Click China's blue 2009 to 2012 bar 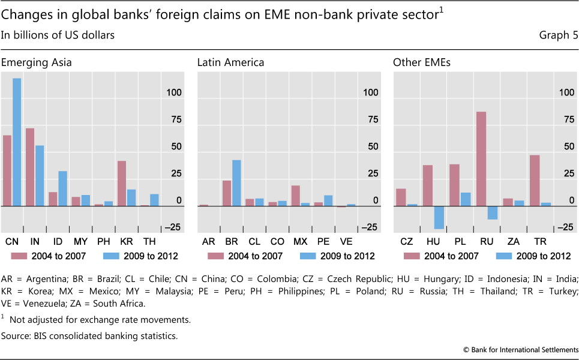tap(17, 142)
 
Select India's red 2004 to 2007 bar tap(30, 167)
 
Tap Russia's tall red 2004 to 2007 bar tap(481, 159)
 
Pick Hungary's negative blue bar tap(439, 217)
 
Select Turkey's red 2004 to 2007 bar tap(535, 181)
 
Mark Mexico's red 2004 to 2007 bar tap(295, 196)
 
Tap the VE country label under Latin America tap(346, 241)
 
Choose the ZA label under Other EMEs tap(513, 241)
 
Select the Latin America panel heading tap(230, 62)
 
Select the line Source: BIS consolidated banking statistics tap(89, 335)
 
